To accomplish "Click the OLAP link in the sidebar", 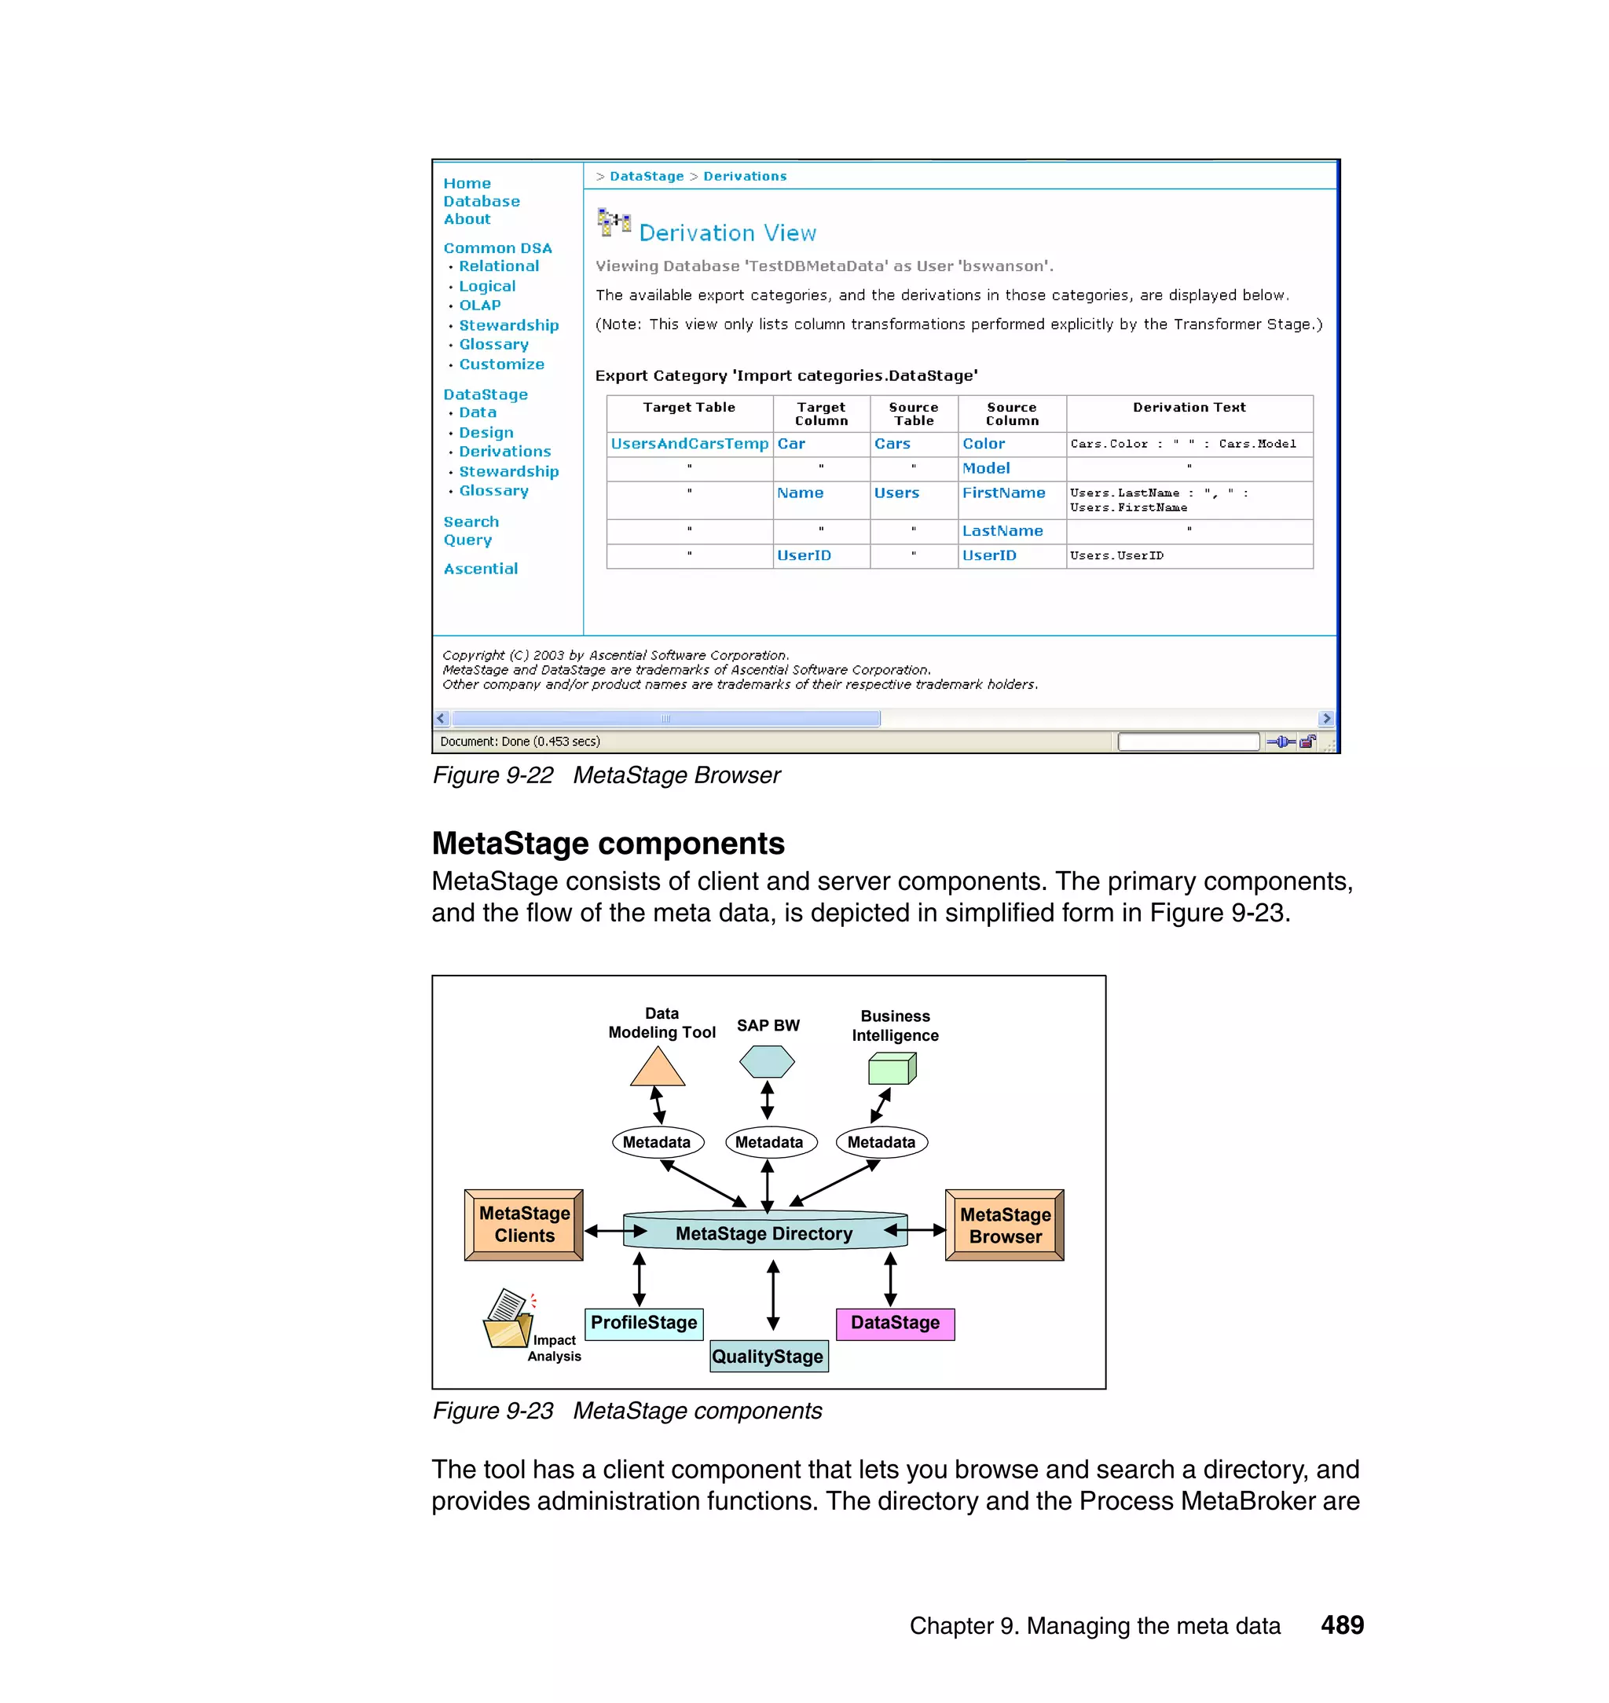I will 479,306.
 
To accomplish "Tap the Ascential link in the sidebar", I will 480,569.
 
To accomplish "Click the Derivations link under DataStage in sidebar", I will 504,452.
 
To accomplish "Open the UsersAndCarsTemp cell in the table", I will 689,444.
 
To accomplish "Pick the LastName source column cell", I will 1002,532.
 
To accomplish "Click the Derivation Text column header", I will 1189,408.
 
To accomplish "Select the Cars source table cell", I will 892,444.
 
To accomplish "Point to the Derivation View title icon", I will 614,223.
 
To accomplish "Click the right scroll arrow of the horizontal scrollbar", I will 1326,719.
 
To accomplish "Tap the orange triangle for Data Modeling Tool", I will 657,1068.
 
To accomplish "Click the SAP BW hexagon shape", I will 767,1061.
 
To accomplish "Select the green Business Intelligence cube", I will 892,1068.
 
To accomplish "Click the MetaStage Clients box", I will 524,1225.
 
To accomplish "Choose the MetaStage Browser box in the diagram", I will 1004,1225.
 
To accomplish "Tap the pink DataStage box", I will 895,1323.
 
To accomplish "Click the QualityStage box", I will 768,1357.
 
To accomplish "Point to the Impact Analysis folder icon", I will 508,1319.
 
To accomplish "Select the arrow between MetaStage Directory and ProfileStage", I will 639,1279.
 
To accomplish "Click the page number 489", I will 1341,1625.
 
